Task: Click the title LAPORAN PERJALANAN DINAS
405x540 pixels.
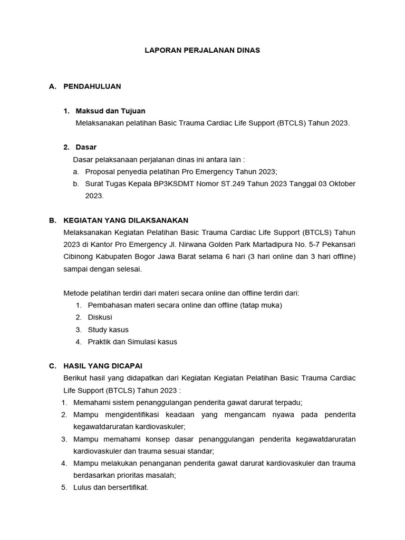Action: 202,50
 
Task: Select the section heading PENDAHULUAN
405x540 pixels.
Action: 92,86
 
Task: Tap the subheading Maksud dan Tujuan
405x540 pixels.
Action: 111,111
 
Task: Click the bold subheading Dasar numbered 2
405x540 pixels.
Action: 86,147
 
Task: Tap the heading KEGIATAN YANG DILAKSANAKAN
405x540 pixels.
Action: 126,220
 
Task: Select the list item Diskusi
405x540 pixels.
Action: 100,317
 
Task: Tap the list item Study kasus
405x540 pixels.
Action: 108,330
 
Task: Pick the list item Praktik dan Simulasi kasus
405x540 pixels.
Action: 132,342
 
